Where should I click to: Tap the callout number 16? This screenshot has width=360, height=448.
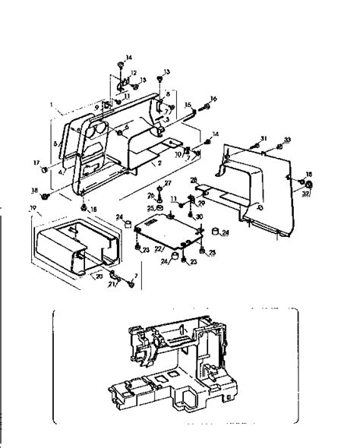pyautogui.click(x=213, y=99)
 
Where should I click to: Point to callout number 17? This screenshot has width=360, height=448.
pyautogui.click(x=35, y=163)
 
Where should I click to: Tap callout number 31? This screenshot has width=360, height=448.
pyautogui.click(x=264, y=137)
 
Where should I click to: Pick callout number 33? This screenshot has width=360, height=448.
pyautogui.click(x=287, y=140)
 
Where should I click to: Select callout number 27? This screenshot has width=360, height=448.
pyautogui.click(x=168, y=183)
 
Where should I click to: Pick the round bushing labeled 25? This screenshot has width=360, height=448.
pyautogui.click(x=161, y=208)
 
